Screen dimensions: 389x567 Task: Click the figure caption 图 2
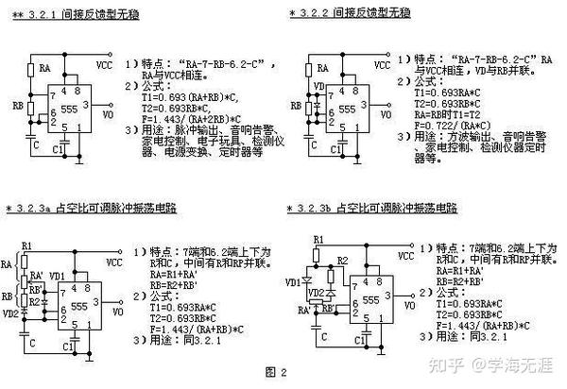276,372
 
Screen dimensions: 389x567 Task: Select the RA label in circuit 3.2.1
45,68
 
